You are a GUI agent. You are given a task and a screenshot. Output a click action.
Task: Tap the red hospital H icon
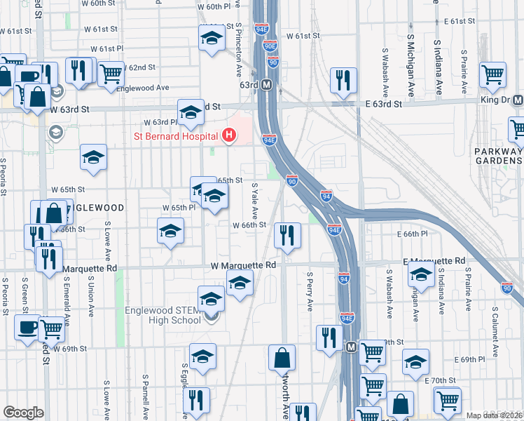point(228,135)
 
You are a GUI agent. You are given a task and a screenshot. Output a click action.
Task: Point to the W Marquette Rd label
point(244,266)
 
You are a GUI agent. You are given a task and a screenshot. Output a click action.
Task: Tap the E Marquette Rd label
point(435,261)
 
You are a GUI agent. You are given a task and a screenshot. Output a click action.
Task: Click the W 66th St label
point(249,225)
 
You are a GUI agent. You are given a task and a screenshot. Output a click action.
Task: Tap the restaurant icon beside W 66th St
point(286,236)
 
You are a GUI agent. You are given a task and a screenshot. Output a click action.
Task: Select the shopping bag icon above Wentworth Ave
point(282,357)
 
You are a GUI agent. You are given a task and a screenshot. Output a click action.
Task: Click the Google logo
point(23,413)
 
